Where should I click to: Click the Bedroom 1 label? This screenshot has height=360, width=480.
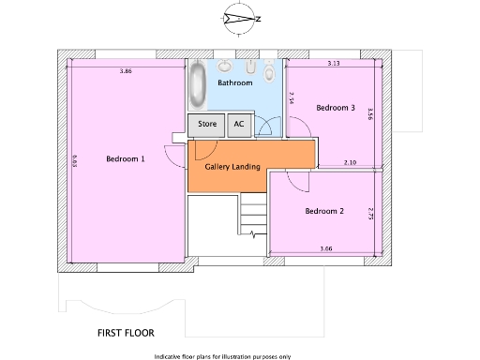tap(125, 158)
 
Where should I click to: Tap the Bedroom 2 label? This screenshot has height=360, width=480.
tap(324, 211)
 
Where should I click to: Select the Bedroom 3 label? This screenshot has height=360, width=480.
tap(335, 108)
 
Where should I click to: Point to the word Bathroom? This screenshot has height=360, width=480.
tap(235, 83)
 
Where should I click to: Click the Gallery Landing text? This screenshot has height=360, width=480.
tap(232, 167)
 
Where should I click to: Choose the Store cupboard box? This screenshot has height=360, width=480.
tap(206, 124)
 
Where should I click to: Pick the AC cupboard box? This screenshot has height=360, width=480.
tap(238, 124)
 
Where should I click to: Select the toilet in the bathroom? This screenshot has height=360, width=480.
tap(270, 71)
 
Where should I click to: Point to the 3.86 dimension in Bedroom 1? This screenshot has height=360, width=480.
tap(125, 71)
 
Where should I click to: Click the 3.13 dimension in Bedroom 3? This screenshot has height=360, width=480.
tap(333, 64)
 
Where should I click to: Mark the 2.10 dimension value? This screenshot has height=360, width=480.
tap(350, 163)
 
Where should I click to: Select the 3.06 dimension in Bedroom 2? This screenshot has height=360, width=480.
tap(325, 247)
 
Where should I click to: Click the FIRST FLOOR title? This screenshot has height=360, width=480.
tap(126, 332)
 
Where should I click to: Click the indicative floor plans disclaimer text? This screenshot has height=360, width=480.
tap(223, 356)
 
